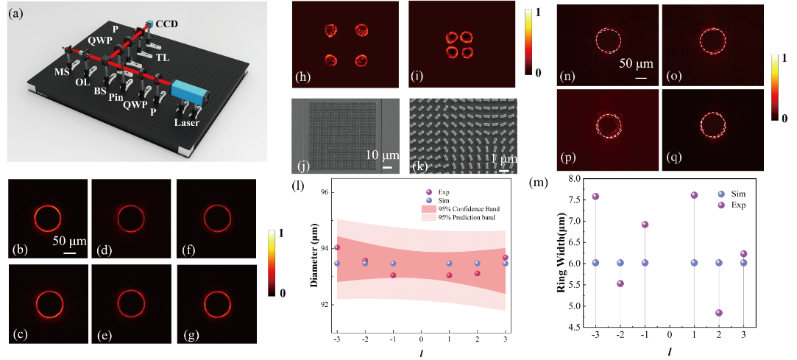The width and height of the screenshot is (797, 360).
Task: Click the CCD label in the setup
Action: pos(167,24)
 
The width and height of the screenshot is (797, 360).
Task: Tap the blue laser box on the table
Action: pos(186,92)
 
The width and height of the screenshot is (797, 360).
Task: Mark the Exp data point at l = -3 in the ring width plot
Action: pos(595,196)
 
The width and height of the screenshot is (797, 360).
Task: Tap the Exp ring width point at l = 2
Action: pos(718,313)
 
